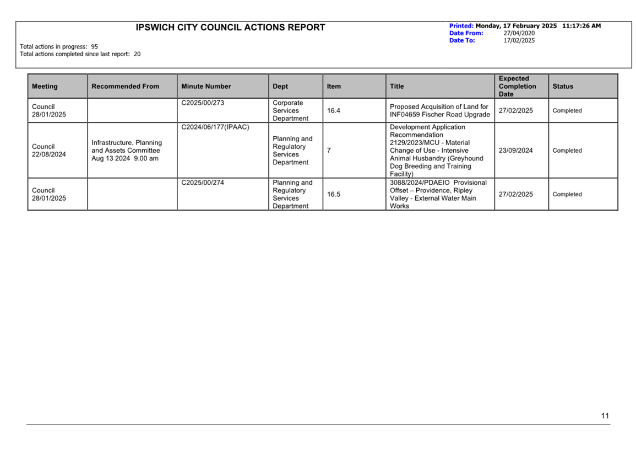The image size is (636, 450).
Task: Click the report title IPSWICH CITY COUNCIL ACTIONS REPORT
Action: [230, 28]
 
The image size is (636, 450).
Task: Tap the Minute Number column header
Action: [206, 87]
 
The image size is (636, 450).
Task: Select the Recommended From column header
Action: [125, 87]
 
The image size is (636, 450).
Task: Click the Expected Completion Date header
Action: [517, 87]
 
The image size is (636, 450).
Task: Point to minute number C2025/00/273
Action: [203, 103]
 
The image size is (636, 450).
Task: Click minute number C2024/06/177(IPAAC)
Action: [215, 127]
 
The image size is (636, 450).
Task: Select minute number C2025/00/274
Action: [203, 183]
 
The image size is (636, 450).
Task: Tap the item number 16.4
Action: [334, 111]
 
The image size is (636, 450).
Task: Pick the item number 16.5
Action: [334, 194]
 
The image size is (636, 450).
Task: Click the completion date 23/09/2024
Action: [515, 151]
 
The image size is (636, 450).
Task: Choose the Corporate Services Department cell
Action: [290, 111]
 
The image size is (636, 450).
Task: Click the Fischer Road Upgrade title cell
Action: [439, 111]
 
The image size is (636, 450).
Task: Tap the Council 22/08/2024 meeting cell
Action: [48, 151]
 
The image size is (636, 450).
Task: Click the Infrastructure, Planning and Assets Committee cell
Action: [127, 151]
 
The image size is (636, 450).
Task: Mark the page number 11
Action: [605, 416]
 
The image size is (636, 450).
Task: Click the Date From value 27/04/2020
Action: [519, 33]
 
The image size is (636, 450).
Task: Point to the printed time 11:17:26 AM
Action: [581, 26]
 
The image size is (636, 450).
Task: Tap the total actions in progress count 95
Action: [95, 47]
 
